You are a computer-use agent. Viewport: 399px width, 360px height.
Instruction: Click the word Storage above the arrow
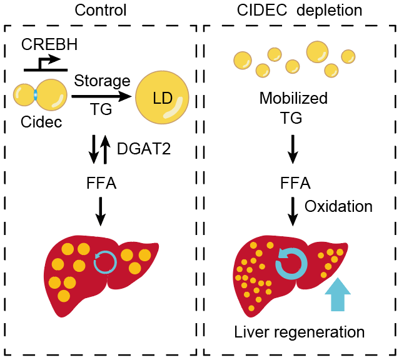[102, 81]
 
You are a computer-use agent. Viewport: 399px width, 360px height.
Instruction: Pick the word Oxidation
[338, 206]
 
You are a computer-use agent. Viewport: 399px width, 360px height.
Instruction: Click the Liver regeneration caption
[299, 331]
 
